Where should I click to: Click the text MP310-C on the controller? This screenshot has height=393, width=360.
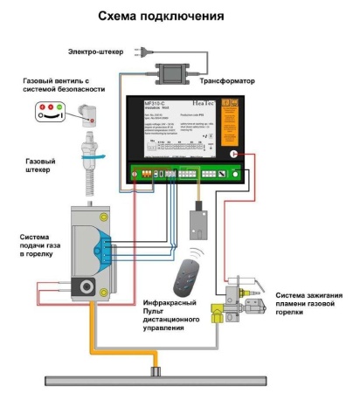(x=159, y=104)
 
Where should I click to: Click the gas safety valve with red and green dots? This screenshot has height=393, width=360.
(x=51, y=111)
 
